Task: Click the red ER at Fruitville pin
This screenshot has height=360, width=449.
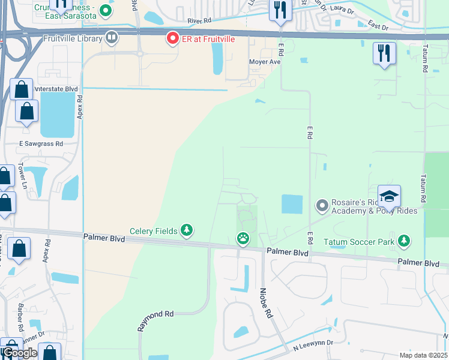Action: coord(173,39)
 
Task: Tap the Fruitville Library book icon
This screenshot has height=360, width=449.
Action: coord(111,38)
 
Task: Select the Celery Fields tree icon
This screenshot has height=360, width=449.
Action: coord(187,230)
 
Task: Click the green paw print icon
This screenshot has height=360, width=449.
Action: coord(243,239)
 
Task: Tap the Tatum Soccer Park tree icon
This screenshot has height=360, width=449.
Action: coord(404,242)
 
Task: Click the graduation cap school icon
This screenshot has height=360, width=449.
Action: coord(388,196)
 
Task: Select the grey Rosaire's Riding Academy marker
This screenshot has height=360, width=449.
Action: coord(322,206)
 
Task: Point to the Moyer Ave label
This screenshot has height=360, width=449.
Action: coord(265,62)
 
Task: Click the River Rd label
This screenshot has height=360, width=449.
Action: coord(201,21)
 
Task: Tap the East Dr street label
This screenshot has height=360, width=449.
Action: coord(378,26)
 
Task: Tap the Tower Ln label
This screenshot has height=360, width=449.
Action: coord(22,176)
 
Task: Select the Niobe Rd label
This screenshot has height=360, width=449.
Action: coord(265,305)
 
